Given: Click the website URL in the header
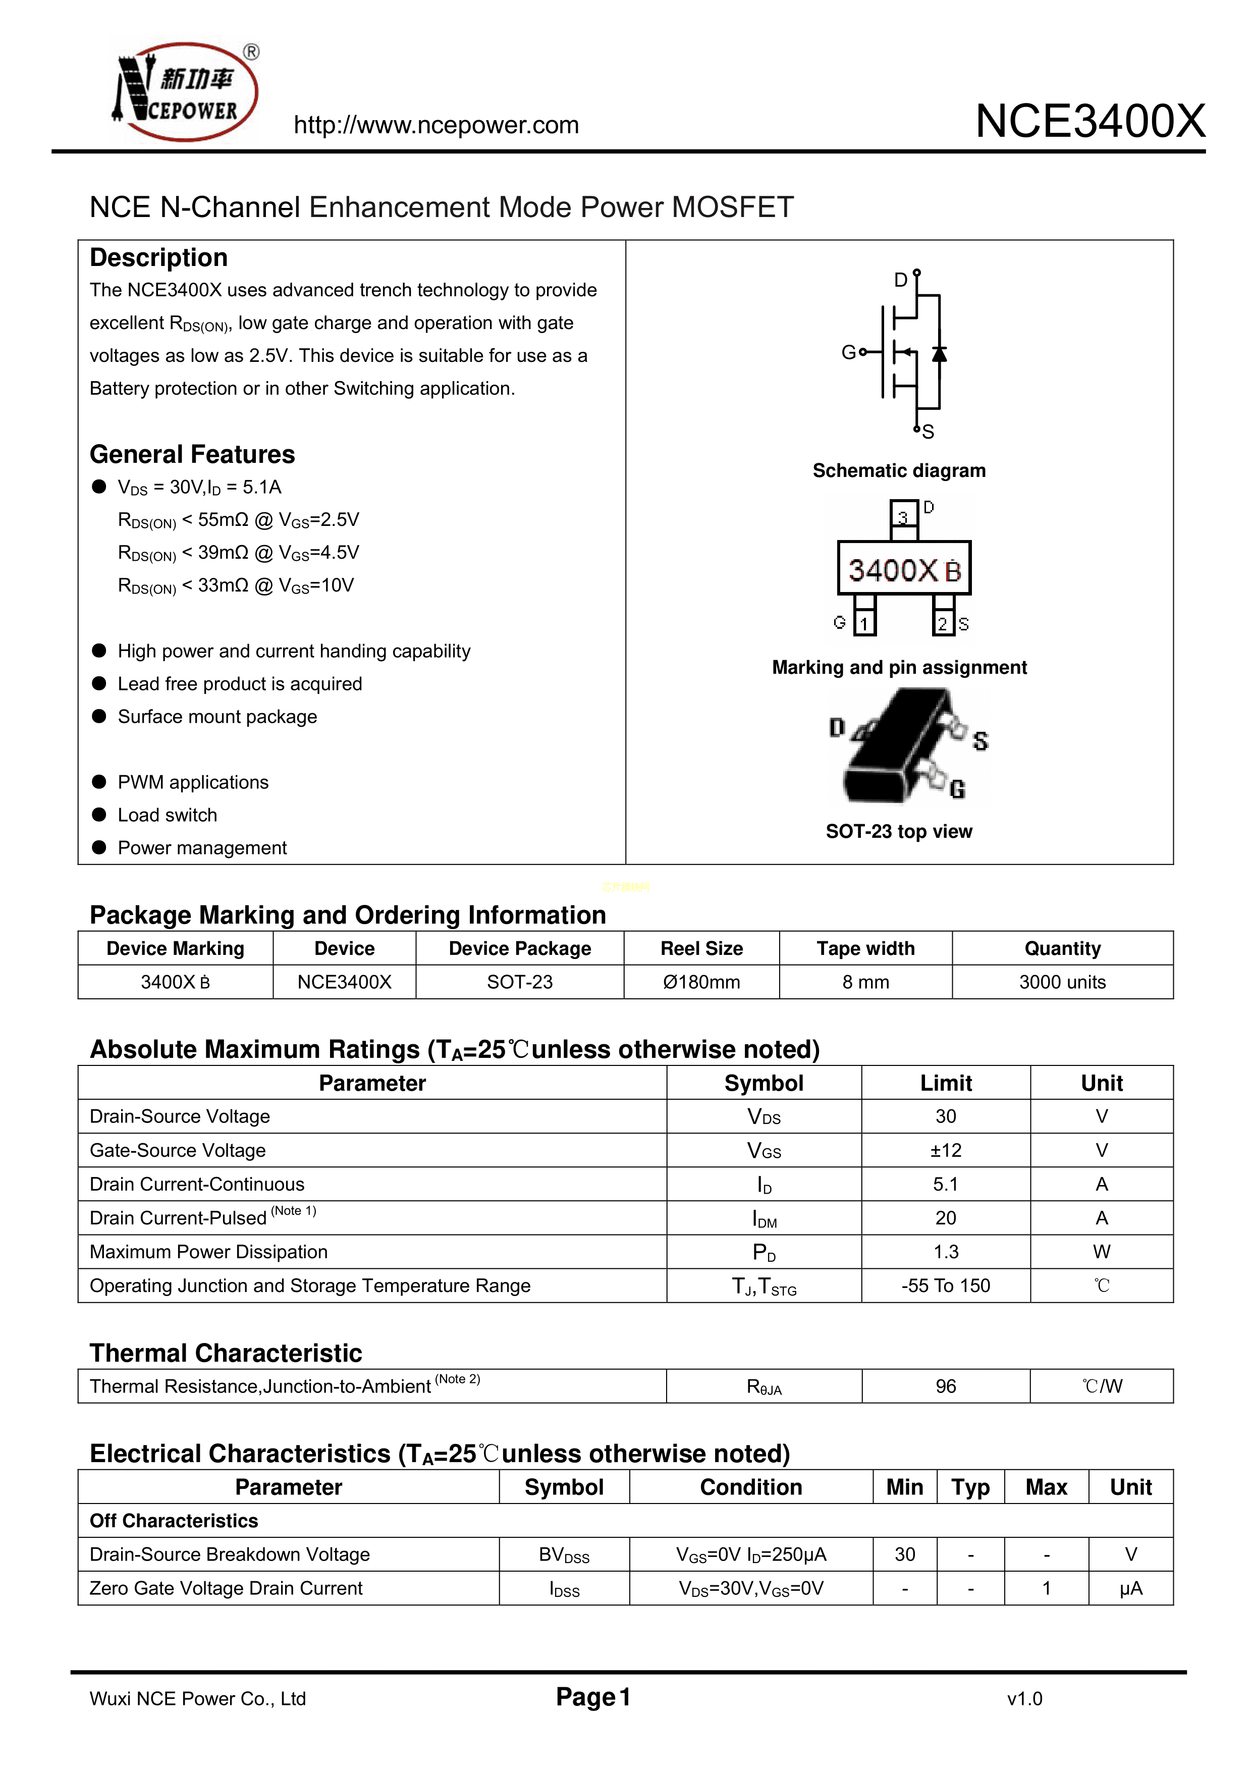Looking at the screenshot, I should pos(436,125).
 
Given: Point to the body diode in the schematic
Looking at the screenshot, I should pos(939,354).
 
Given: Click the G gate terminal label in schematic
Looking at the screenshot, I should pos(848,352).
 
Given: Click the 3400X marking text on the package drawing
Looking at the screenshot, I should pos(893,570).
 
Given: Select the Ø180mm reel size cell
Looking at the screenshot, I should pos(701,982).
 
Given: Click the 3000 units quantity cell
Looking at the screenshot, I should pos(1062,982).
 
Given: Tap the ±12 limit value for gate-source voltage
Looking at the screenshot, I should pos(946,1150).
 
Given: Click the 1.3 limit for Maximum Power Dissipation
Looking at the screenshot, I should pos(946,1252).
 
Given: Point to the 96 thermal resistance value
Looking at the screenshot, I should pos(946,1386).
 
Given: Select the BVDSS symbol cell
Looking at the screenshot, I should pos(564,1554).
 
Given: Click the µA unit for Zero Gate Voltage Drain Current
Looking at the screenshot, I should pos(1131,1588).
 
